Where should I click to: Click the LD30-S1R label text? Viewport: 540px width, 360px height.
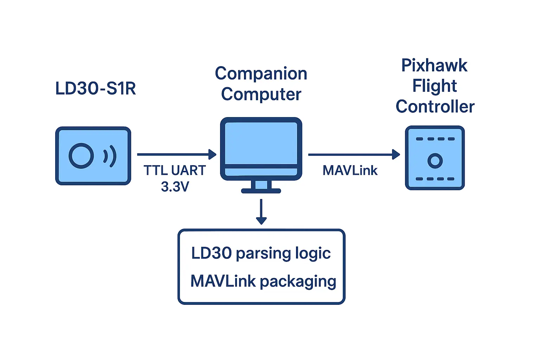96,88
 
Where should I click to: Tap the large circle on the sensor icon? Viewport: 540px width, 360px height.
81,156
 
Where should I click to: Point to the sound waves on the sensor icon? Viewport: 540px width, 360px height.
110,156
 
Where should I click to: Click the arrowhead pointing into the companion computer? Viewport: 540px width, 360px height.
212,154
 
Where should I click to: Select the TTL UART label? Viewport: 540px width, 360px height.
175,171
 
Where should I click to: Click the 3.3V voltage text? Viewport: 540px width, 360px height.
175,187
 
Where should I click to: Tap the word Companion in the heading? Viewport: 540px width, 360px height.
261,74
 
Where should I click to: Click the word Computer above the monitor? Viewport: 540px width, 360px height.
261,94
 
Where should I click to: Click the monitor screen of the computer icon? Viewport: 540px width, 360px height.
261,143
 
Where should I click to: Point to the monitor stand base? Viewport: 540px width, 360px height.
261,191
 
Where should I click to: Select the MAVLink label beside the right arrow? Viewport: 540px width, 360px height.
350,171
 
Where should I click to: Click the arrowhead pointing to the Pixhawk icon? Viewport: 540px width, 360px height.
396,154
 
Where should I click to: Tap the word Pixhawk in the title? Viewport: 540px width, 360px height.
435,65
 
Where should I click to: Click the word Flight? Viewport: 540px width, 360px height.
435,86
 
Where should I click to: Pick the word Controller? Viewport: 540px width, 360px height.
435,107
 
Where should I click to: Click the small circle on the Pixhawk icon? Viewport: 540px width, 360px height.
435,161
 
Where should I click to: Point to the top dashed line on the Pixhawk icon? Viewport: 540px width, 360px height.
435,139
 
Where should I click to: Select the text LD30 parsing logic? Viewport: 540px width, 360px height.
261,253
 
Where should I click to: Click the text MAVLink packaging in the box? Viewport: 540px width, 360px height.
263,281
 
